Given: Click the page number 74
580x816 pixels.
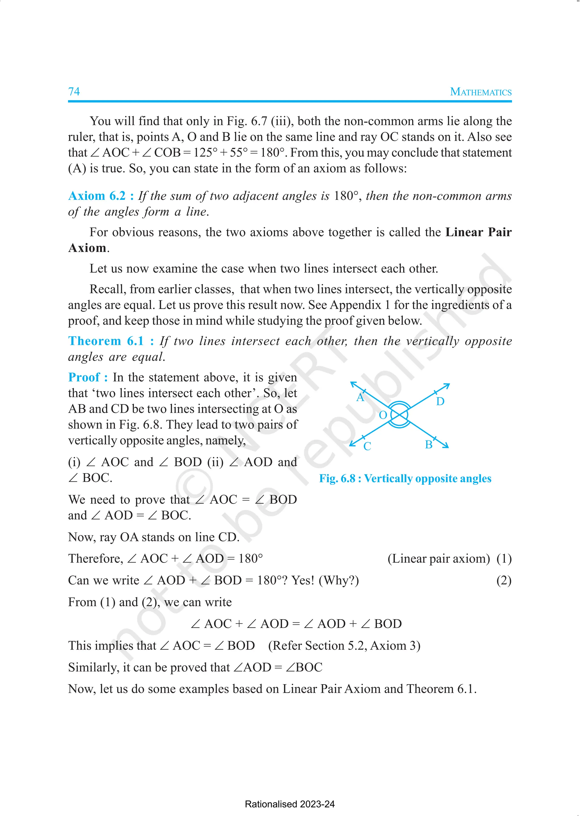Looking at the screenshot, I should point(74,91).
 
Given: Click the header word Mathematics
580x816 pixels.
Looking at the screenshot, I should point(480,92).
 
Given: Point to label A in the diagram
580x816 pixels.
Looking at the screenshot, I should point(360,398).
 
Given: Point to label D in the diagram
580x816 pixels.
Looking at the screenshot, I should point(440,401).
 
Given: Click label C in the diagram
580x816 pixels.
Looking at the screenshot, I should point(367,446).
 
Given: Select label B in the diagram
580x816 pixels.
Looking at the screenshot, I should point(428,445).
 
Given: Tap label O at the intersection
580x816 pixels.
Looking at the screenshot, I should point(383,415).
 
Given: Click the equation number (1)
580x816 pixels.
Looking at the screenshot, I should point(504,559).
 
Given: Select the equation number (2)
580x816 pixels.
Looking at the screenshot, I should point(504,580).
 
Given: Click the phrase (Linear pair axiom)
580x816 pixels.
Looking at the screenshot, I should point(439,559).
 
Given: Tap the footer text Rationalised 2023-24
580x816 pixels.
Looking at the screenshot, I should point(290,804).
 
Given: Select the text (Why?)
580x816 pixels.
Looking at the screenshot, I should point(339,580).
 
